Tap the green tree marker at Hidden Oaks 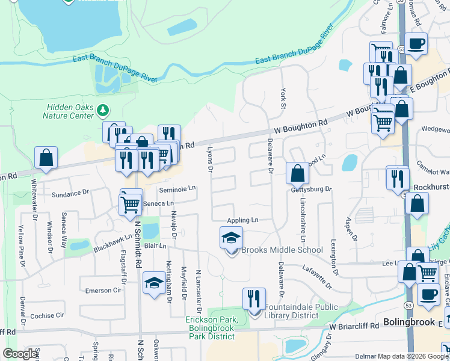tap(103, 110)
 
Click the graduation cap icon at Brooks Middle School tap(231, 238)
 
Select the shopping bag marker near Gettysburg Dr tap(297, 174)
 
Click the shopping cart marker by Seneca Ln tap(131, 203)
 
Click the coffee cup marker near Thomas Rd tap(416, 44)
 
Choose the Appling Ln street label tap(242, 220)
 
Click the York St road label tap(283, 98)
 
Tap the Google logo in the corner tap(20, 354)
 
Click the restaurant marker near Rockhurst tap(397, 179)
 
